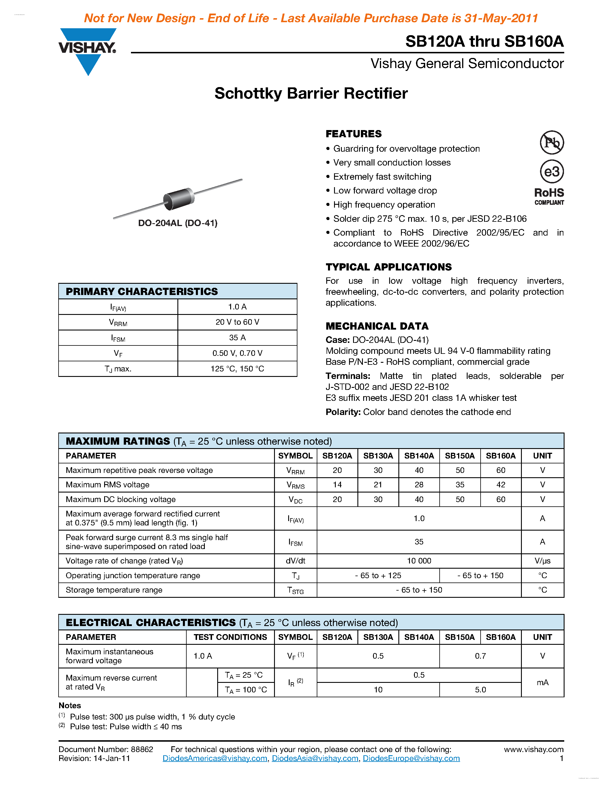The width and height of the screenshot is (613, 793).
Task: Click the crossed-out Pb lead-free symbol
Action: click(x=552, y=142)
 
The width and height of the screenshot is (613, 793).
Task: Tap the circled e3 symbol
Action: click(x=552, y=171)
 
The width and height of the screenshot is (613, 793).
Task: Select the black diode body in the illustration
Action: click(x=179, y=199)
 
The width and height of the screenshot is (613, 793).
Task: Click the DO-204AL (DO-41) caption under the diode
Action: click(x=178, y=223)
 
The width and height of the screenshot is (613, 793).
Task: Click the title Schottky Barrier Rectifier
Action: click(x=311, y=93)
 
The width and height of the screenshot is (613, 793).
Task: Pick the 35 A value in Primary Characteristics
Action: click(x=237, y=338)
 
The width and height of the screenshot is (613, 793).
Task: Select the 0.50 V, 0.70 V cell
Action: click(x=237, y=353)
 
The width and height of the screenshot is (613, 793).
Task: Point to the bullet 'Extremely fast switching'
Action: click(x=382, y=177)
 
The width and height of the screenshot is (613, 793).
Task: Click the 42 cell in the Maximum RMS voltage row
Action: click(x=500, y=485)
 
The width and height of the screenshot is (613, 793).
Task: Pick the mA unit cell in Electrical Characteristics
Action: click(x=542, y=683)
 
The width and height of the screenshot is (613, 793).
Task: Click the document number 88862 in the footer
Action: click(x=142, y=749)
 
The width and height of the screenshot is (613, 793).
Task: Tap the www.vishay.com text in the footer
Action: click(x=533, y=749)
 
